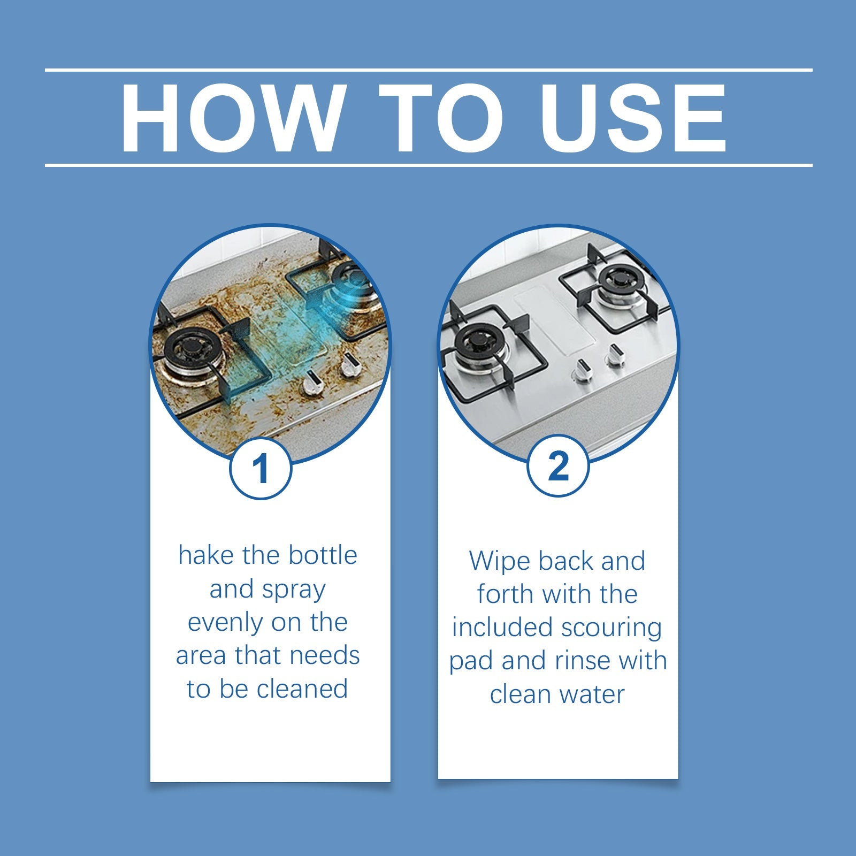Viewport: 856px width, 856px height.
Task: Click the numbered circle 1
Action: [261, 469]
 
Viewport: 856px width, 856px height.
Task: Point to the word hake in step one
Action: [206, 555]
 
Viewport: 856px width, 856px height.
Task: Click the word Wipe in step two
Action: [500, 561]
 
